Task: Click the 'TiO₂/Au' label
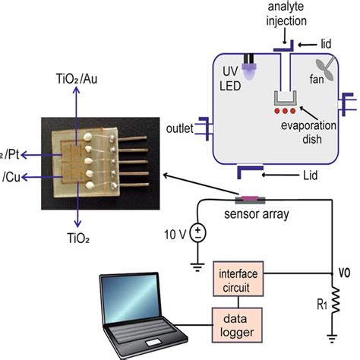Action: pos(77,79)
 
